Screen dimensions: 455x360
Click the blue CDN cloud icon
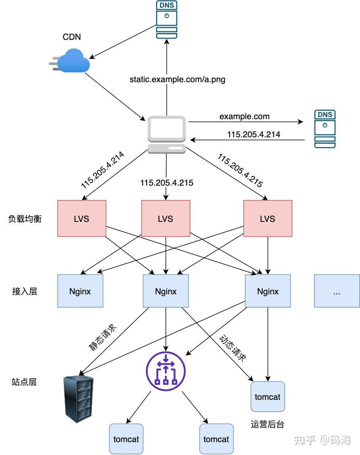(x=72, y=60)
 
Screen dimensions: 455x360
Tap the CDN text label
(x=72, y=37)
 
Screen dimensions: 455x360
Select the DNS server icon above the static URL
(x=166, y=20)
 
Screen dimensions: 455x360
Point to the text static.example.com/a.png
(x=177, y=79)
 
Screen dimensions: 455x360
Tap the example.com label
(x=244, y=116)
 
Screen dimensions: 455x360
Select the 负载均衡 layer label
(x=25, y=219)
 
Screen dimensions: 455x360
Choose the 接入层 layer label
(x=25, y=292)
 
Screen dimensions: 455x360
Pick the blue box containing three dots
(x=337, y=291)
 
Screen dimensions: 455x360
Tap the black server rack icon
(x=79, y=399)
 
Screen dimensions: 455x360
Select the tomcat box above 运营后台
(x=267, y=397)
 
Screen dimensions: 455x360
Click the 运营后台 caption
(x=267, y=424)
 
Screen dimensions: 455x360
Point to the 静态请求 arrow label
(x=103, y=337)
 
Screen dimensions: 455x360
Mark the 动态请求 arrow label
(x=232, y=347)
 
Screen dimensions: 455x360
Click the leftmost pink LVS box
(x=82, y=219)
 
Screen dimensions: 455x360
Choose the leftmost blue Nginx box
(x=80, y=291)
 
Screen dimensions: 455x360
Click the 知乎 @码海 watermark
(x=323, y=440)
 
